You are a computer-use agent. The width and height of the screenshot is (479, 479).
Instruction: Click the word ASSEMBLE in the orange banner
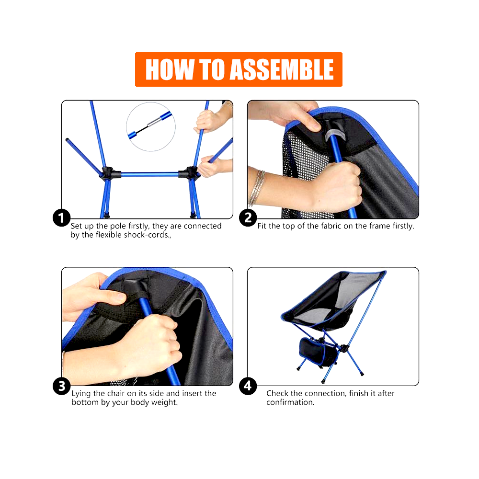pos(281,70)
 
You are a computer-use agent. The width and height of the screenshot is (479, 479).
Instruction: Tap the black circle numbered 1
pos(61,218)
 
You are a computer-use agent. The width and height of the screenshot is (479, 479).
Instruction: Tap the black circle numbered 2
pos(248,218)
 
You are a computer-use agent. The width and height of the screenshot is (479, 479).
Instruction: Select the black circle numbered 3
pos(61,386)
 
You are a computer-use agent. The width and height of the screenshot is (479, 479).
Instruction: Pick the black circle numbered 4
pos(248,386)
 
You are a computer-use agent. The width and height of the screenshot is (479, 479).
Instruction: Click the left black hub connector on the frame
pos(107,172)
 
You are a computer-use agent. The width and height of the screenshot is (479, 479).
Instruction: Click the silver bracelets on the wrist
pos(258,187)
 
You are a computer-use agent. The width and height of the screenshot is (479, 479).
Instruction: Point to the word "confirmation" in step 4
pos(289,402)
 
